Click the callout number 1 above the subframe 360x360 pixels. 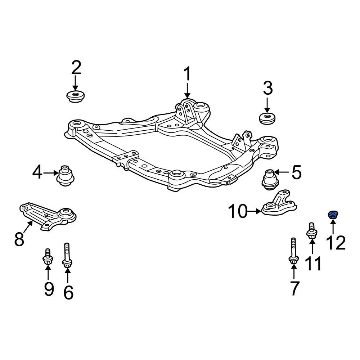[187, 75]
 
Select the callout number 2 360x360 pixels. [76, 68]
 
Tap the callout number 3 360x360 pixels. [267, 89]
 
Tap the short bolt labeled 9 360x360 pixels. [47, 257]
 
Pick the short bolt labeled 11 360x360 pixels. [311, 231]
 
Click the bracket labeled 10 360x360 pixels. [279, 207]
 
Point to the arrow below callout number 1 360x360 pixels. [187, 91]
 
